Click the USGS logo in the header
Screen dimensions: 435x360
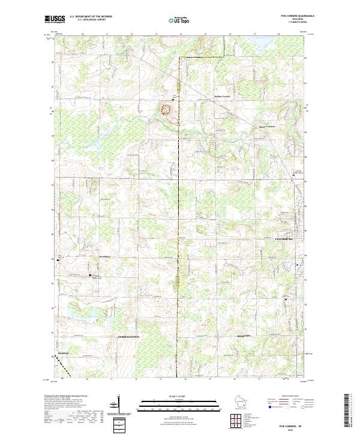tap(55, 19)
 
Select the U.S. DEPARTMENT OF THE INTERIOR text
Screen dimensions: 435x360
tap(91, 17)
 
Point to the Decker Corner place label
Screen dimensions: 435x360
tap(222, 96)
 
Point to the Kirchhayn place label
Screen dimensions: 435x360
tap(106, 256)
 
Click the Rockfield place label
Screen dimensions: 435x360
tap(63, 353)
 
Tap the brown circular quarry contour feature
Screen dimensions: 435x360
tap(165, 109)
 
